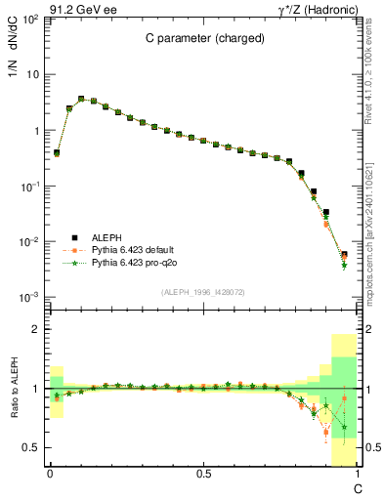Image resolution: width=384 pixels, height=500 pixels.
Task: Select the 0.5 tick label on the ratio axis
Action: click(33, 447)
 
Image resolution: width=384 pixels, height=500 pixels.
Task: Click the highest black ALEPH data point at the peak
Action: click(81, 99)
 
